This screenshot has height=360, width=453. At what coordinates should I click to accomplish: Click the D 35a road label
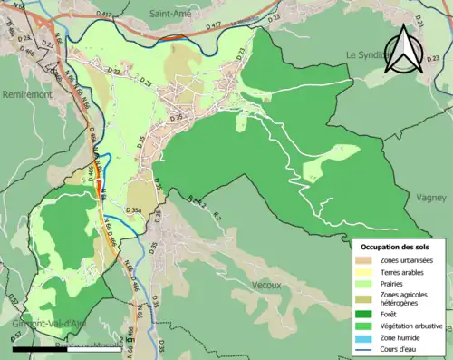click(135, 210)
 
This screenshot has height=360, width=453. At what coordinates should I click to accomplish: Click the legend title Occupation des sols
click(395, 246)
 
